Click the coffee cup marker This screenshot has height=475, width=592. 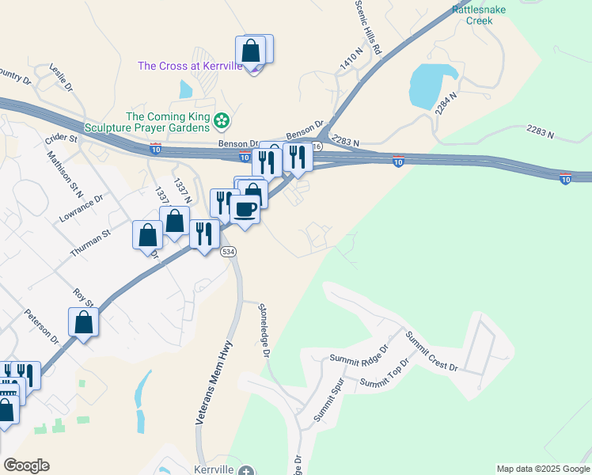point(245,209)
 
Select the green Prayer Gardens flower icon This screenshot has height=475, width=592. point(222,120)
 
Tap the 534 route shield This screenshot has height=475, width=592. point(228,251)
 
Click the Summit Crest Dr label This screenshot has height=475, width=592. point(431,351)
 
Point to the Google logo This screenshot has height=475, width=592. point(26,465)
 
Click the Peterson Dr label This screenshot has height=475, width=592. point(42,326)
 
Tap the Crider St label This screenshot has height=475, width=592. point(61,138)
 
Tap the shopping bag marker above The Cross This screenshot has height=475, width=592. point(250,50)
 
